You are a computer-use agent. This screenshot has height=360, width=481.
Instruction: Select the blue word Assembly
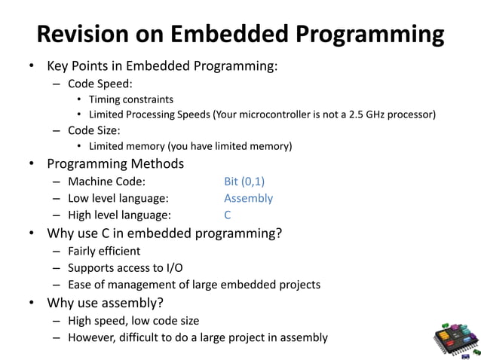click(248, 198)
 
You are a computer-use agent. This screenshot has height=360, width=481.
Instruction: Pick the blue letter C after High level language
click(228, 215)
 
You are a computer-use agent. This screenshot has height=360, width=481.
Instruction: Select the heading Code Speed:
click(100, 84)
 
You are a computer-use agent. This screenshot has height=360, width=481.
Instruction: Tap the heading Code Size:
click(97, 130)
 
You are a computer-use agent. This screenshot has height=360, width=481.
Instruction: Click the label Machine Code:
click(106, 182)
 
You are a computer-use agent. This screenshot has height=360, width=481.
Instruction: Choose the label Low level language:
click(118, 198)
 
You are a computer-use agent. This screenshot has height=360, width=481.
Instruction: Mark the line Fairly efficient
click(104, 251)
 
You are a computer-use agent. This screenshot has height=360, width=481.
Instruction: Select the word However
click(93, 337)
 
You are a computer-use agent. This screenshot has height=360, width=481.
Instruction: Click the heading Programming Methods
click(115, 163)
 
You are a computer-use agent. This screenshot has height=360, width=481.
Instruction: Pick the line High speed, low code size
click(133, 320)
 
